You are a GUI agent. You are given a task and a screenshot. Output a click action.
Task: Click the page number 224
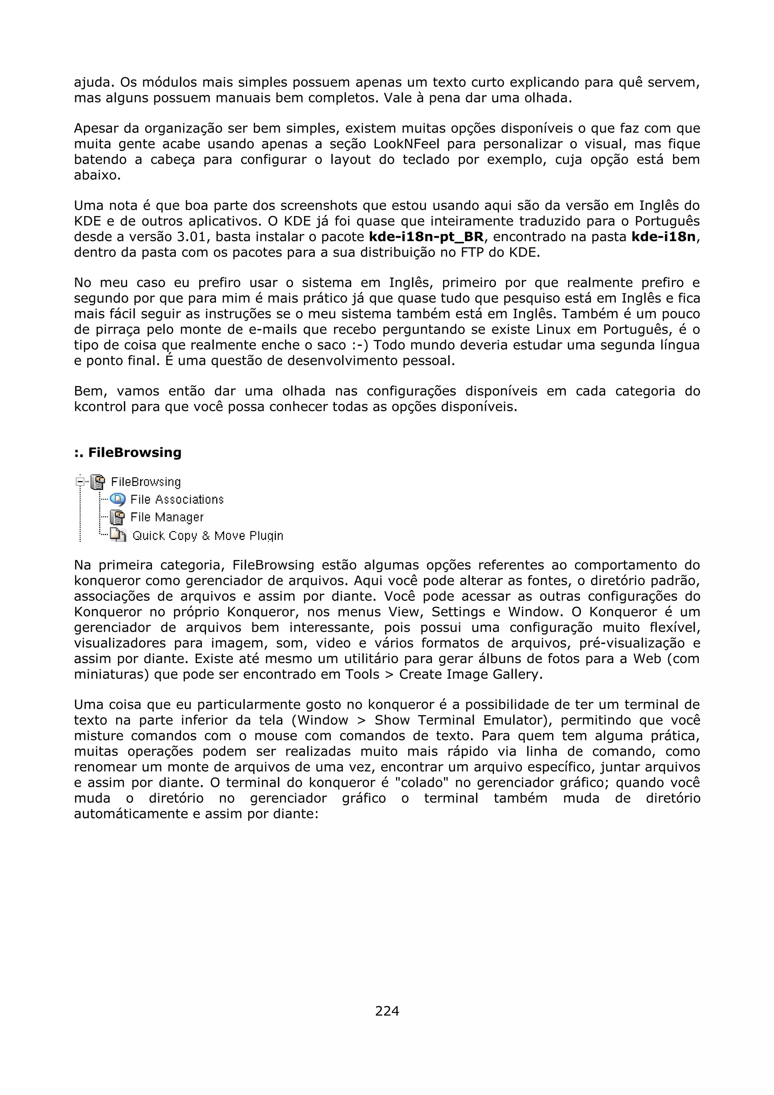[x=387, y=1011]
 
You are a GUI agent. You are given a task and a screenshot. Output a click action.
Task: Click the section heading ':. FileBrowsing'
[x=128, y=452]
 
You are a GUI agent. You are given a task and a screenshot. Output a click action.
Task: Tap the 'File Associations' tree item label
[x=177, y=500]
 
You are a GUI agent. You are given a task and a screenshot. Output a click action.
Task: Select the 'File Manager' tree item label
[x=167, y=517]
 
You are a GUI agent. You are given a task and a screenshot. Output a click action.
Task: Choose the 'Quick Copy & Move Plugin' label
[x=207, y=535]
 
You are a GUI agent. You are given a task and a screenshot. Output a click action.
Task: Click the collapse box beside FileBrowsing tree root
[x=80, y=482]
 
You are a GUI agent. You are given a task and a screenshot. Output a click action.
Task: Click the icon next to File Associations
[x=117, y=500]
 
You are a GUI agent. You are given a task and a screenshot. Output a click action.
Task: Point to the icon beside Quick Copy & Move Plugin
[x=117, y=535]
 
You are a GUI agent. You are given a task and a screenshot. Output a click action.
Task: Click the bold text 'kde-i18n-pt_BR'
[x=426, y=237]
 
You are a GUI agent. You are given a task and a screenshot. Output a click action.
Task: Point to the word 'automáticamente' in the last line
[x=131, y=814]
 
